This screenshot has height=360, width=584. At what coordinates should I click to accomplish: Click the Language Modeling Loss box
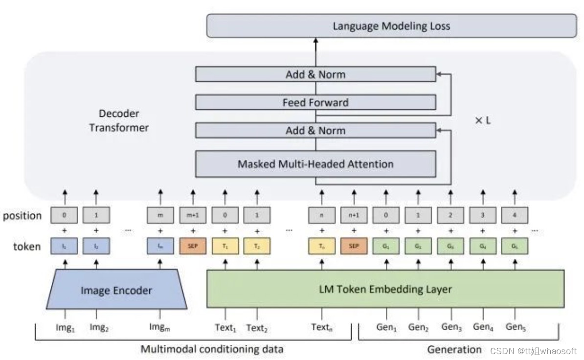click(391, 26)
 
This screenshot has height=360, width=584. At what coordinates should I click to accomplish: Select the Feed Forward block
click(315, 103)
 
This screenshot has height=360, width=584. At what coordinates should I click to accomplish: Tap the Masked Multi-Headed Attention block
click(315, 164)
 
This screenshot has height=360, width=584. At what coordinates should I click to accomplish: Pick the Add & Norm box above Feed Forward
click(315, 75)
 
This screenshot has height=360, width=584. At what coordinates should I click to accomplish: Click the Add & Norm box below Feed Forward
click(315, 131)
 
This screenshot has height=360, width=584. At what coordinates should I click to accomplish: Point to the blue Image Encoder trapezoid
click(116, 290)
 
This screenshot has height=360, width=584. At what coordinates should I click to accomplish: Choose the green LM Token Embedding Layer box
click(385, 289)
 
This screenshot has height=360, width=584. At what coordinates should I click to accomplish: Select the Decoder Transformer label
click(119, 121)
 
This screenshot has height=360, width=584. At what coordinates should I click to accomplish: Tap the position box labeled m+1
click(193, 215)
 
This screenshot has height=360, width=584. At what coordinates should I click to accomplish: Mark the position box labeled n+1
click(354, 215)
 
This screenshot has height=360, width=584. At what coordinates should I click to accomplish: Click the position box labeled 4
click(515, 215)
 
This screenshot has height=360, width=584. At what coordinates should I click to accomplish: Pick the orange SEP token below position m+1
click(193, 246)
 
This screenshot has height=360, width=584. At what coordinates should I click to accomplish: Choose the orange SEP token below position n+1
click(354, 246)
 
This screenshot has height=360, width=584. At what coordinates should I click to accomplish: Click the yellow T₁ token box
click(225, 246)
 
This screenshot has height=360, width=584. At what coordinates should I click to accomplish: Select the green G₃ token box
click(450, 246)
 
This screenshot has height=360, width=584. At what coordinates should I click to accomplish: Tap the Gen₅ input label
click(516, 327)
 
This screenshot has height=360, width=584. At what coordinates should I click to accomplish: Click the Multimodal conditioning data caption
click(212, 349)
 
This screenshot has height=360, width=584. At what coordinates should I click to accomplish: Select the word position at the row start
click(22, 216)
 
